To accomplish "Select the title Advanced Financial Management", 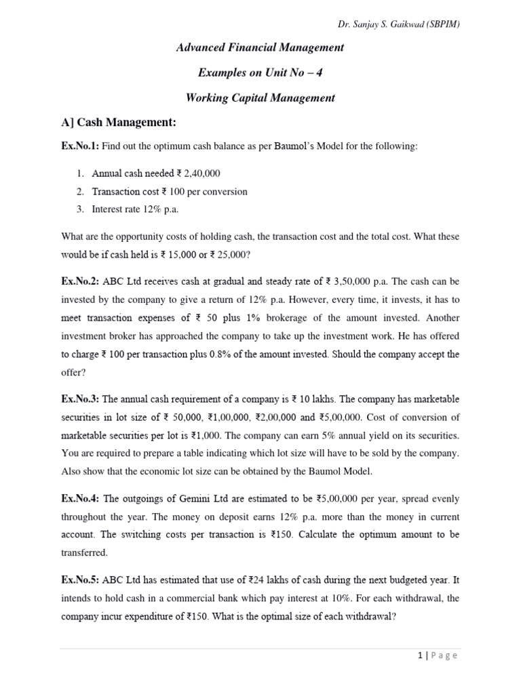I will click(260, 47).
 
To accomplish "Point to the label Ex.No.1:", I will click(80, 146).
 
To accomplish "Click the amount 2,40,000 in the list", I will click(198, 173).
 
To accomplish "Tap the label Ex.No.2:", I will click(80, 281).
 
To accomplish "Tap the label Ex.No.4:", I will click(80, 499).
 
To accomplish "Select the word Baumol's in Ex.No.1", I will click(296, 146).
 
